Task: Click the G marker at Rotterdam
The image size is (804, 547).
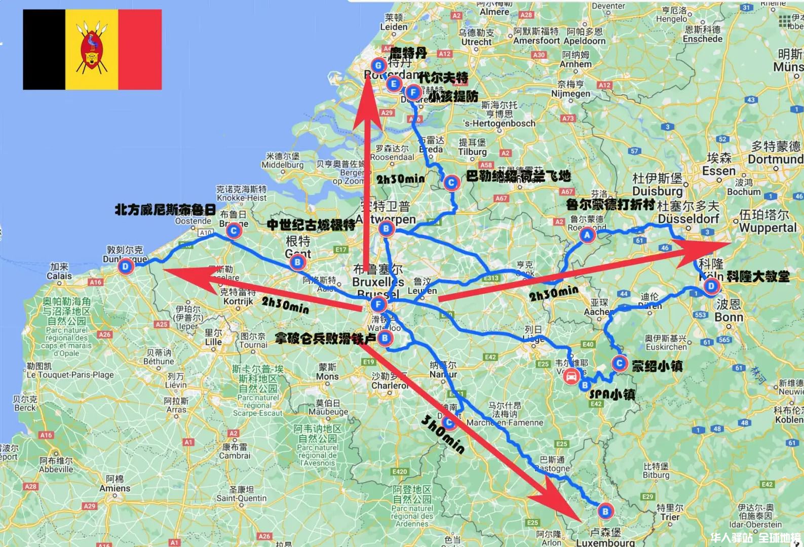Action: tap(378, 65)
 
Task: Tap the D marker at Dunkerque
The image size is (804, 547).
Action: tap(125, 266)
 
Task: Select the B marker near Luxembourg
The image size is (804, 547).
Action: tap(605, 512)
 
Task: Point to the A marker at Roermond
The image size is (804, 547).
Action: tap(587, 235)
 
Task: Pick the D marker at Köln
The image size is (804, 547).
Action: tap(711, 286)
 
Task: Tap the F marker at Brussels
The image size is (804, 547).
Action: tap(378, 304)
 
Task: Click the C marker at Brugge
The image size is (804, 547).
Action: tap(234, 231)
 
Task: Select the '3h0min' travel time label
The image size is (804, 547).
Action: tap(442, 434)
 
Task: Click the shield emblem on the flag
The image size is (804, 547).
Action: tap(92, 49)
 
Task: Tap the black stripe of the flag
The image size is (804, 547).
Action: tap(44, 49)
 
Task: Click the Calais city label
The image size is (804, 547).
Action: tap(59, 276)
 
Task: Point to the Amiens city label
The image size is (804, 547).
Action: tap(115, 488)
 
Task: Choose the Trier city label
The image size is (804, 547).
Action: tap(670, 517)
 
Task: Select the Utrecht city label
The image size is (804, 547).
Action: tap(476, 42)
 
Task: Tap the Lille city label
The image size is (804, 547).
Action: tap(213, 342)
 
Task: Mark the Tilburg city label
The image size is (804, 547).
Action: tap(472, 151)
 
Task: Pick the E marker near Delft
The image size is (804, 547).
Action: tap(394, 84)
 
